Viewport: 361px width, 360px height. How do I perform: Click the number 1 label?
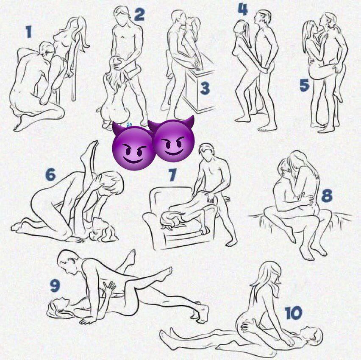[28, 32]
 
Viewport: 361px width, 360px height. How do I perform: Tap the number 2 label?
[139, 14]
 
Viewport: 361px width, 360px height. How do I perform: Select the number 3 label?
[205, 88]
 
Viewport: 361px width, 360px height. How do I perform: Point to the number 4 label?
[243, 9]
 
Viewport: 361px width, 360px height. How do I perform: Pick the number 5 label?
[304, 85]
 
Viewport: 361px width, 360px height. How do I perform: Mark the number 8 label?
[327, 195]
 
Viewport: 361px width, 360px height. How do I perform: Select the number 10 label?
[294, 313]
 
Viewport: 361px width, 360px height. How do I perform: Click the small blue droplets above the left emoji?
[128, 125]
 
